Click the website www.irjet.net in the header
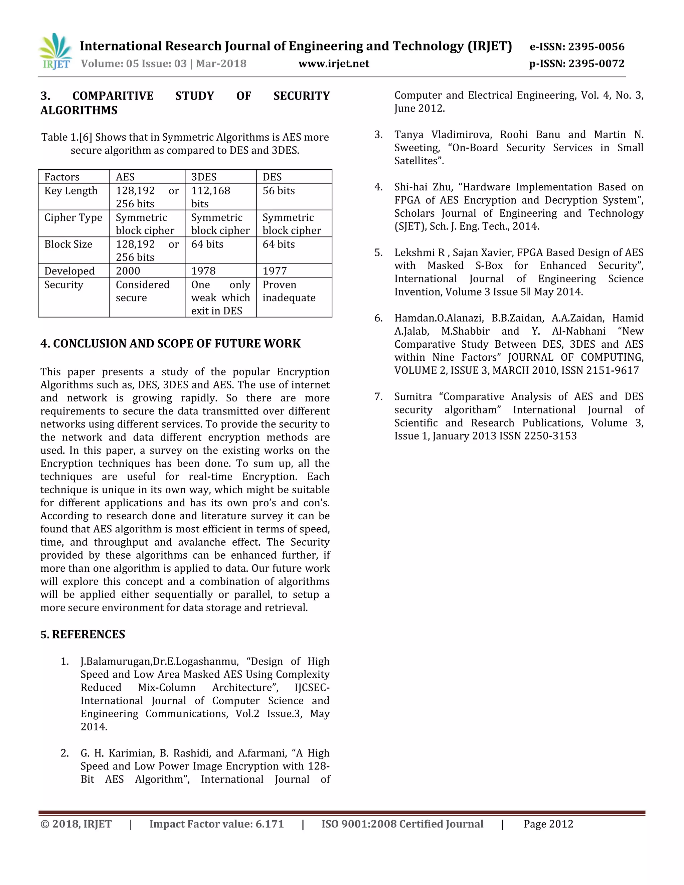point(334,63)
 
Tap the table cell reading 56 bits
point(279,191)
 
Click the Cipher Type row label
point(73,218)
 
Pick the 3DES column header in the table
point(204,177)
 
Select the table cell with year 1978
point(203,271)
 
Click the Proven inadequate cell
point(289,291)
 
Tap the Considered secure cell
point(142,291)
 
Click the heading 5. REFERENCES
point(83,635)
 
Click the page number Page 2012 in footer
point(548,824)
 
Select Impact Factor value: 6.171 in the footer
point(216,824)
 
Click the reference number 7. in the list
point(378,397)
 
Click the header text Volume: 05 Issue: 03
point(134,63)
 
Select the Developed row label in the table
point(69,271)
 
